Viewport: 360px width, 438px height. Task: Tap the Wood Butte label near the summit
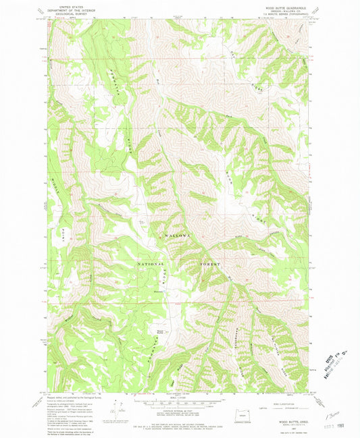click(159, 331)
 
